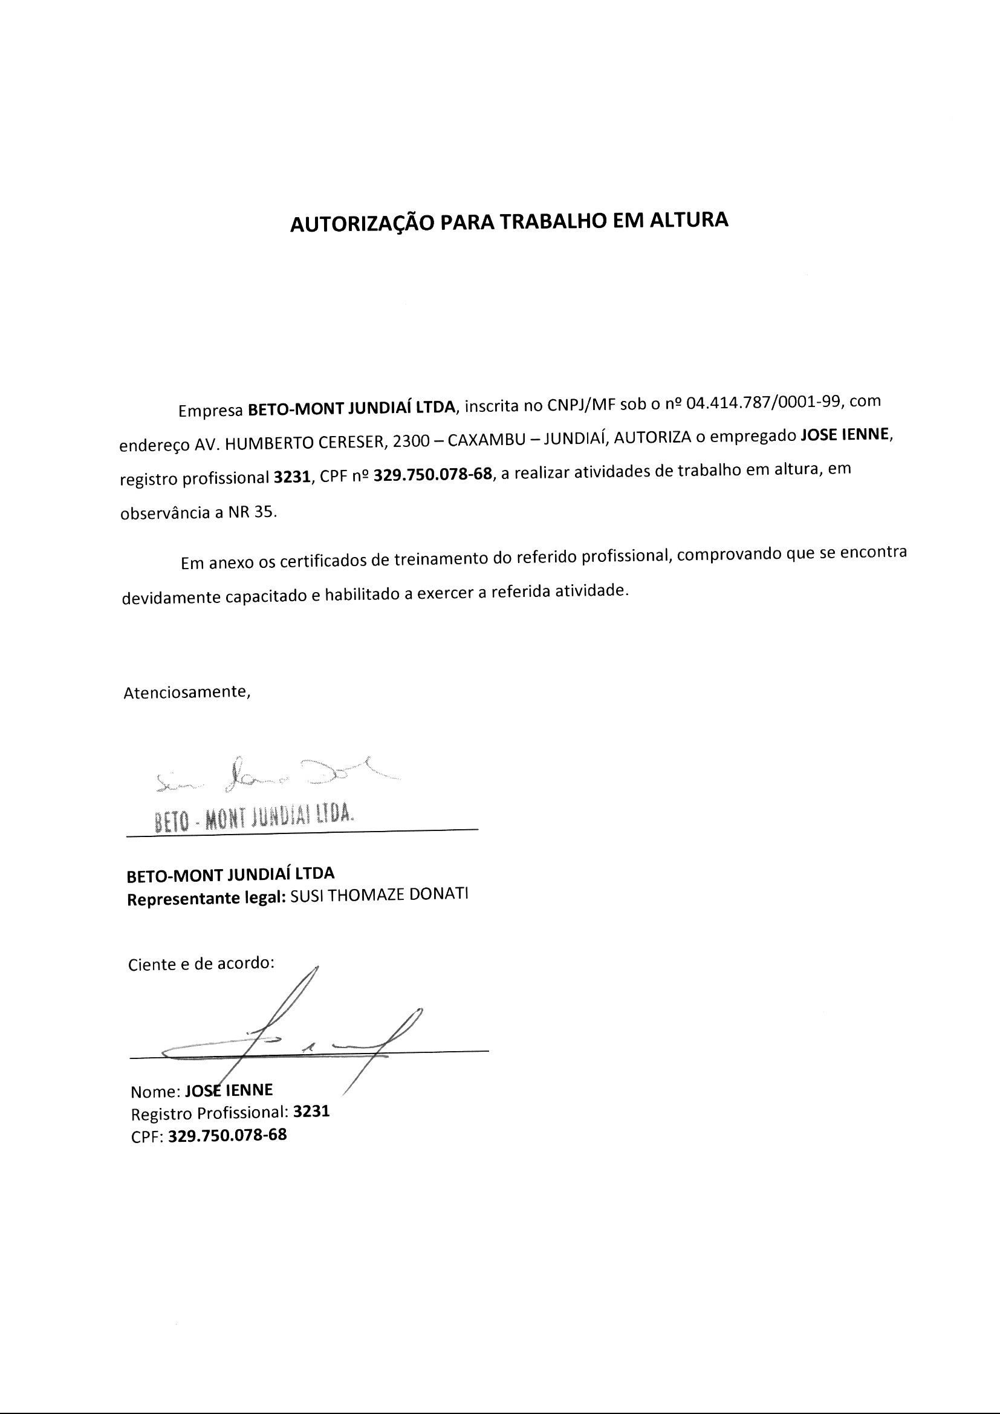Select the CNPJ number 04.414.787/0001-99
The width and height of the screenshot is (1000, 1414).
[x=763, y=403]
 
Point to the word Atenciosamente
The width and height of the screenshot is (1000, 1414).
[x=187, y=692]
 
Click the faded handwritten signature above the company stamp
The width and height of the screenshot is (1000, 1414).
[x=271, y=777]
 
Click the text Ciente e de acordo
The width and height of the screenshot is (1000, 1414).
[x=201, y=964]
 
